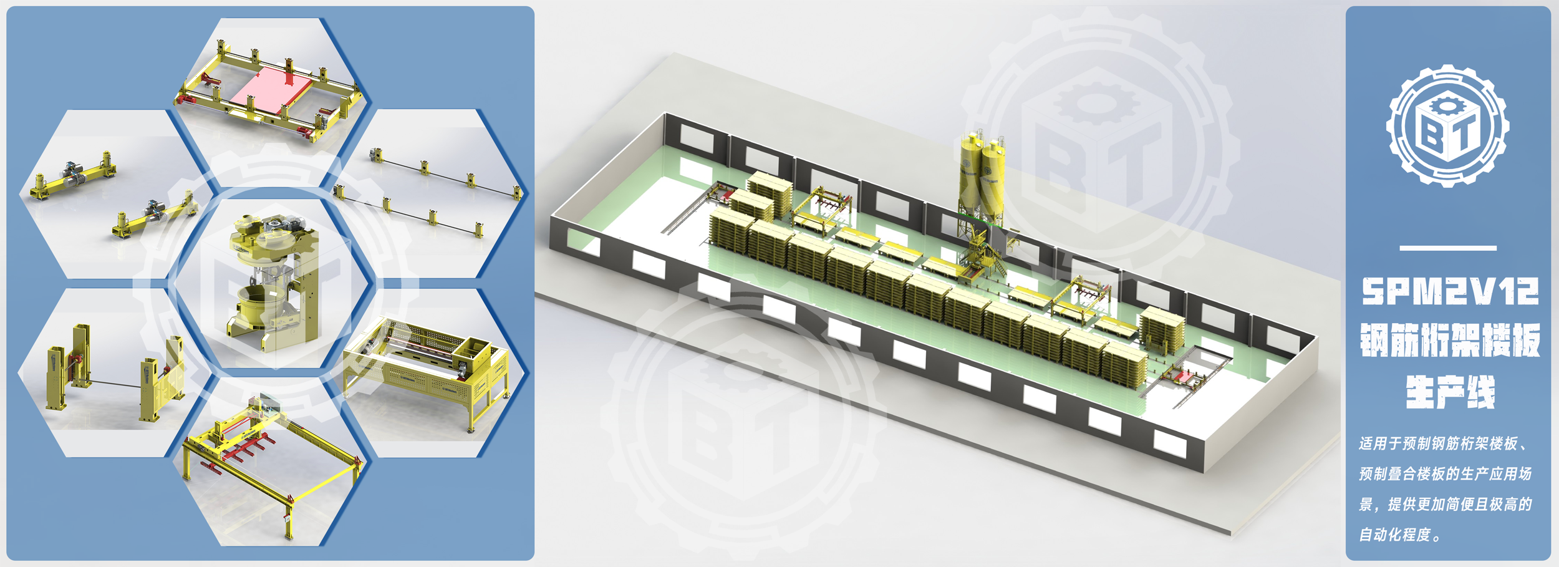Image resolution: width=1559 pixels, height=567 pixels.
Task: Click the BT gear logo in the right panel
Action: click(1447, 125)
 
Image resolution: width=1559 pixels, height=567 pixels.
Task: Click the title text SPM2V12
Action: click(1450, 292)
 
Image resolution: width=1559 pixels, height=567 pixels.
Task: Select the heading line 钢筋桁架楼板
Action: click(1450, 340)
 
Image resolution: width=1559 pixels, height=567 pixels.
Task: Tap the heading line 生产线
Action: click(1450, 392)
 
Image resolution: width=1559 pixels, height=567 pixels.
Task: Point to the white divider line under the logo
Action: click(1447, 248)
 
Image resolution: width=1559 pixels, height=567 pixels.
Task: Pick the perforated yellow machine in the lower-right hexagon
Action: click(427, 371)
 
